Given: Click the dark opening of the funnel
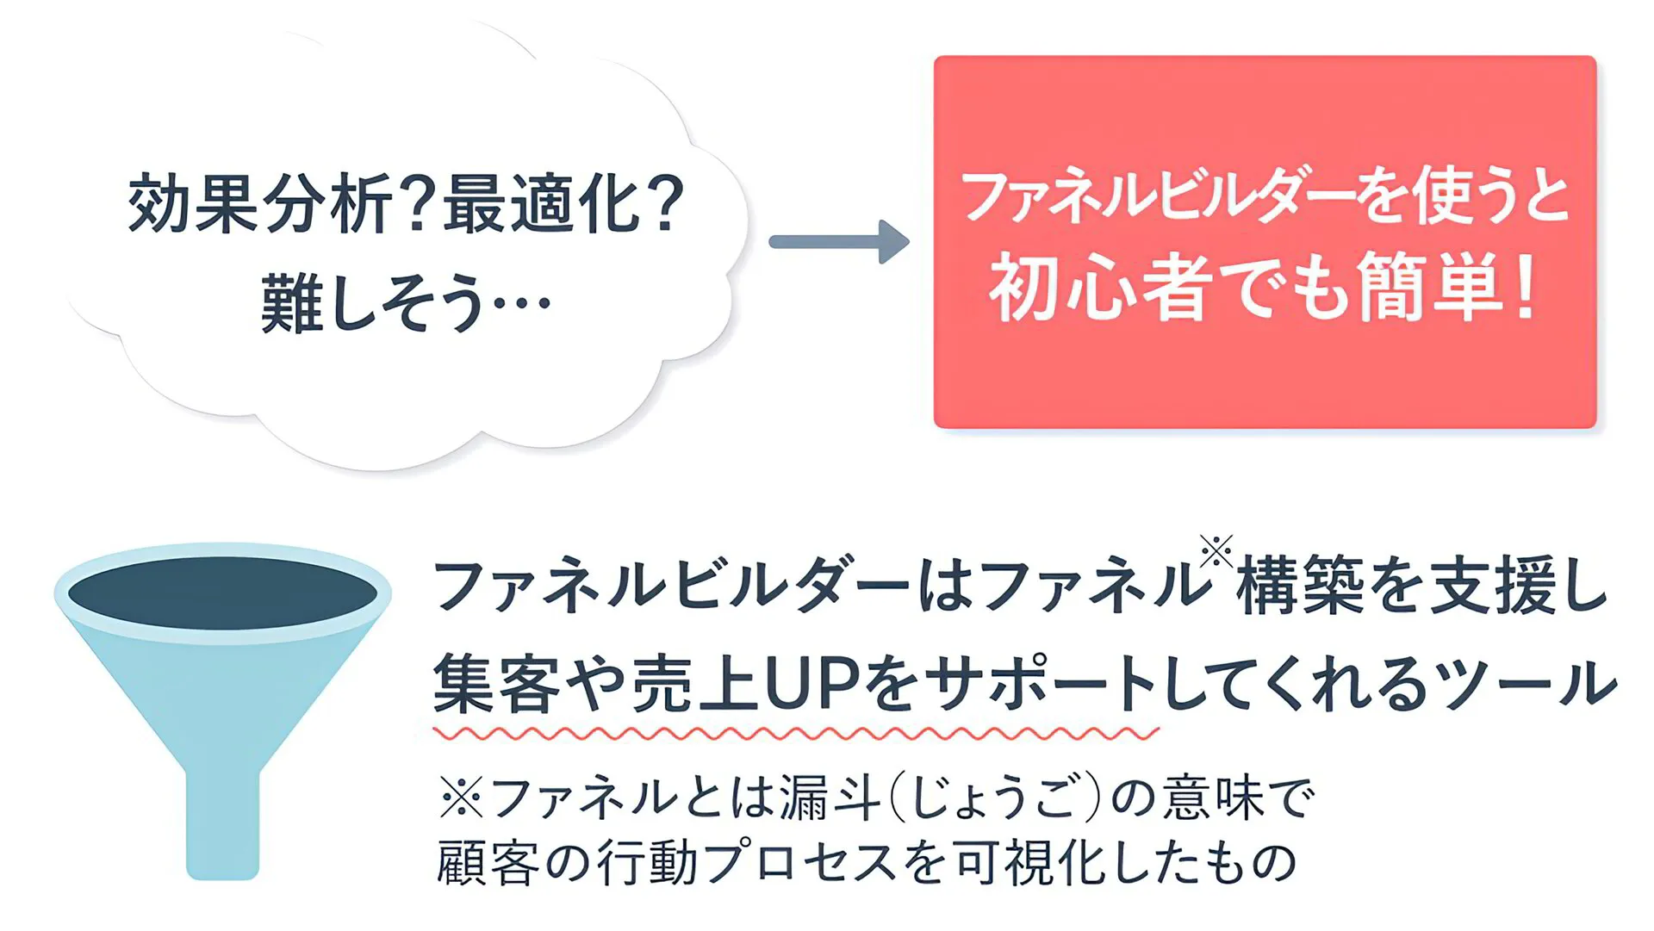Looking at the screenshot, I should pyautogui.click(x=222, y=593).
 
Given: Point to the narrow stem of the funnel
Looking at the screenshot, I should pyautogui.click(x=222, y=822).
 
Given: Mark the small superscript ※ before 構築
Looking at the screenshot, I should pyautogui.click(x=1216, y=552).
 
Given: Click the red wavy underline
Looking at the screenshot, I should pyautogui.click(x=796, y=734).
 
